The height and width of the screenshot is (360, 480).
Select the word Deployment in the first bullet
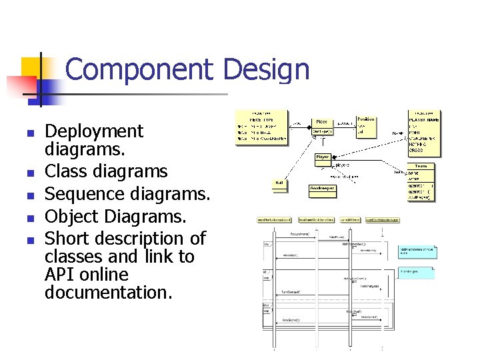pos(93,131)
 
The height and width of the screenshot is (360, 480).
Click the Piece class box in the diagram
pos(322,127)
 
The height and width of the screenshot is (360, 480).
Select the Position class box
pos(366,125)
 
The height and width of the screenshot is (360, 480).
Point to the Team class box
pos(421,180)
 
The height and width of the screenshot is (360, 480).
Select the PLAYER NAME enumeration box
pos(423,133)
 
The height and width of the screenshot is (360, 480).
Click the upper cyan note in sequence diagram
pos(417,251)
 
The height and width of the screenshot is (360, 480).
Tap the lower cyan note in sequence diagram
pos(416,273)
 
